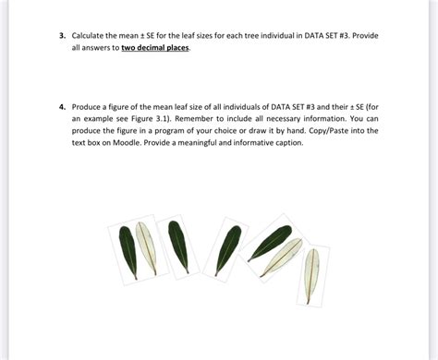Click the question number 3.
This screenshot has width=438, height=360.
[x=61, y=35]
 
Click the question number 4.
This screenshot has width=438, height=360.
[x=61, y=107]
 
